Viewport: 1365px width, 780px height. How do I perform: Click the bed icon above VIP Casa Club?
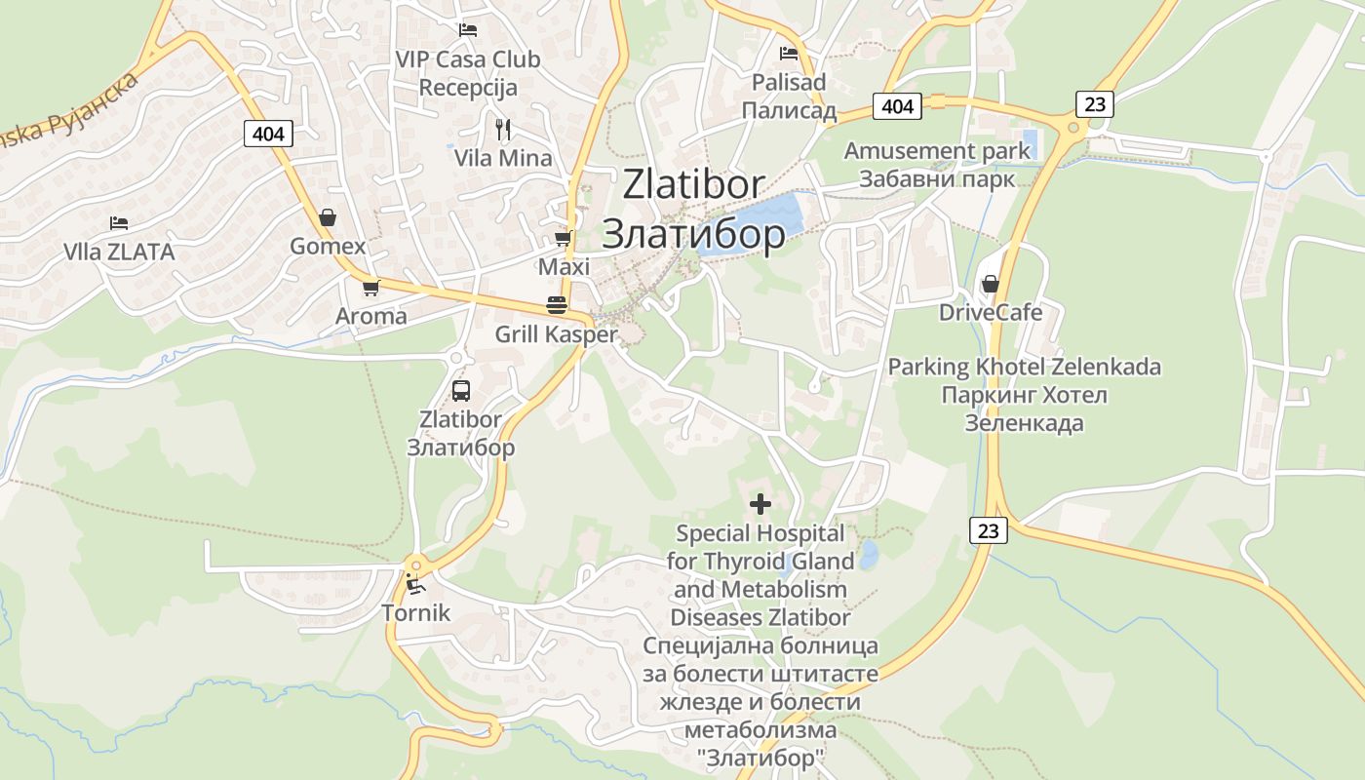[468, 30]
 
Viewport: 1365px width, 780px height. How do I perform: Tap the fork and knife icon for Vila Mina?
[503, 129]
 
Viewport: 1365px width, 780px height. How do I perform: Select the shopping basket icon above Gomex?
[328, 216]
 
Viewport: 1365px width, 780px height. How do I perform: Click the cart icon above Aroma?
[370, 288]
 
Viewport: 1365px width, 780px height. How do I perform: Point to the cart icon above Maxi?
[563, 238]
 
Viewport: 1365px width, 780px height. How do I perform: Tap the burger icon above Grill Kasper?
[557, 305]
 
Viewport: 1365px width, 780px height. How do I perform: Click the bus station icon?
[461, 391]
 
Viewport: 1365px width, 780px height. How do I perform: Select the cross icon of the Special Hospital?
[760, 504]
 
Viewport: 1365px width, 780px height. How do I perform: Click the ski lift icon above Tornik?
[415, 585]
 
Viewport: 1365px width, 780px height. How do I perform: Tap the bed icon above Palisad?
[789, 54]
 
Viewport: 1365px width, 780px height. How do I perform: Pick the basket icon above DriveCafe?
[991, 284]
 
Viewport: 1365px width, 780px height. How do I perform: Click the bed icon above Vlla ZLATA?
[119, 223]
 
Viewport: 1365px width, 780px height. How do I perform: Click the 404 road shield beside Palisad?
[897, 105]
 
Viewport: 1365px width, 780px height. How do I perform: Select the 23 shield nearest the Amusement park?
[1095, 103]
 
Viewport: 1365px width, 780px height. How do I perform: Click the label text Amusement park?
[937, 151]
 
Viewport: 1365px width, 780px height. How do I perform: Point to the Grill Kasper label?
[557, 334]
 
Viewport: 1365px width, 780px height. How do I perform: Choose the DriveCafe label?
[991, 313]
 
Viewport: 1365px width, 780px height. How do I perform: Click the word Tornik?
[416, 613]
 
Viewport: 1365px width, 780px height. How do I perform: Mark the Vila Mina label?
[503, 158]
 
